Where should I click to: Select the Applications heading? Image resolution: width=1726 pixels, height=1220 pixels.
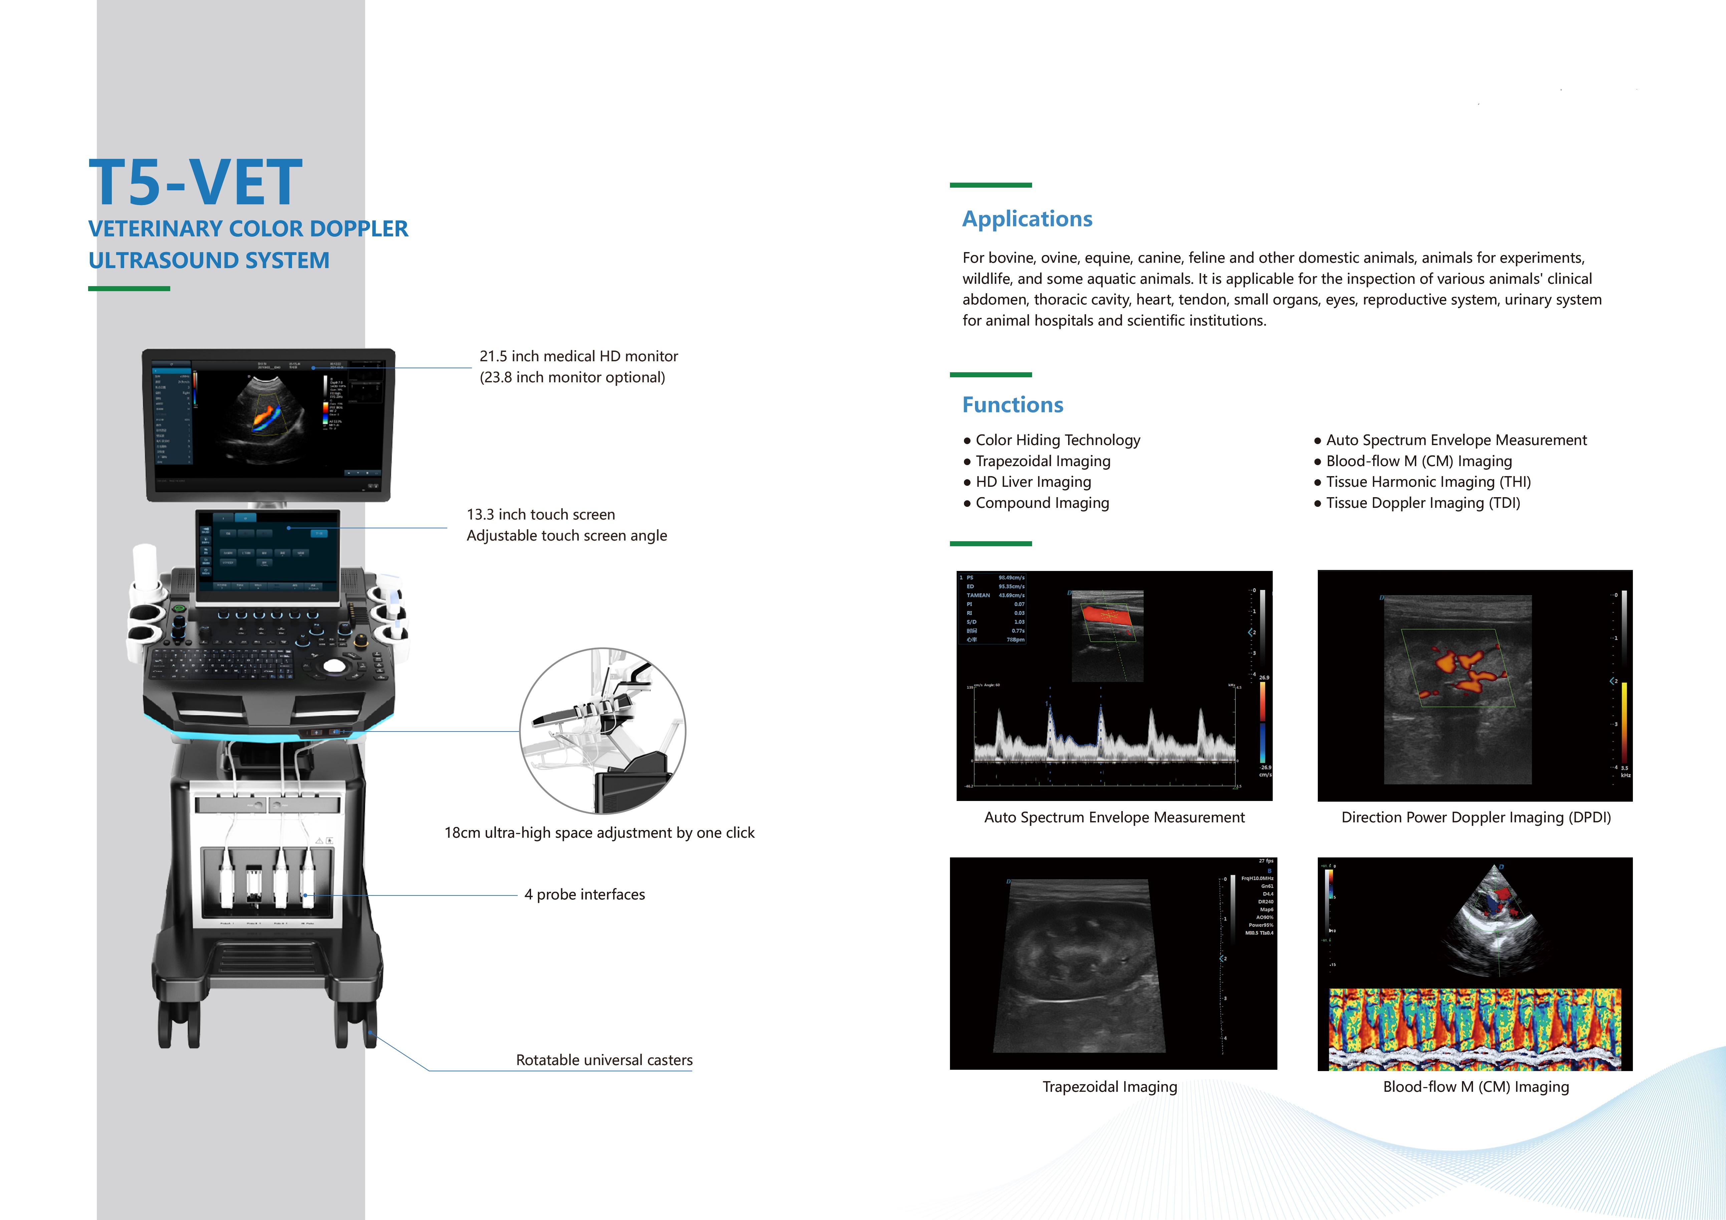pos(1027,219)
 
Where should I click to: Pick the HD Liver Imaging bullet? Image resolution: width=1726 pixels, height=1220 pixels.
pos(1033,482)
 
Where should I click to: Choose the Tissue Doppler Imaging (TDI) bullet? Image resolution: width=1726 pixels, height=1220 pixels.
pos(1422,503)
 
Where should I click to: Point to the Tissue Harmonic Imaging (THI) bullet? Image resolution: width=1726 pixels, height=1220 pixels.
pos(1428,482)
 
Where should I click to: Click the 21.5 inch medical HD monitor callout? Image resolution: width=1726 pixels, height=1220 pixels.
pos(578,357)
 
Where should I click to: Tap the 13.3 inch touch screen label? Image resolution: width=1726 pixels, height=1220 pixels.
pos(540,515)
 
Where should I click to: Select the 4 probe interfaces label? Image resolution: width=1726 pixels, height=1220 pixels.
pos(584,894)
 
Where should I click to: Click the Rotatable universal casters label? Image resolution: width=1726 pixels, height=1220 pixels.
pos(603,1060)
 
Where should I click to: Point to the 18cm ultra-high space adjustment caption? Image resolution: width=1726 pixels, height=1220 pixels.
pos(599,833)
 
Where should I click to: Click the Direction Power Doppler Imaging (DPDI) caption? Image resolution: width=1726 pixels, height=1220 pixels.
pos(1476,818)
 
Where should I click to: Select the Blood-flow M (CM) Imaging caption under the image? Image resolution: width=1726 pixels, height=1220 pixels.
pos(1476,1087)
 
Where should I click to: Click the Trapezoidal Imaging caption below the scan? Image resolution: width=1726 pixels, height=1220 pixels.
pos(1109,1087)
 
